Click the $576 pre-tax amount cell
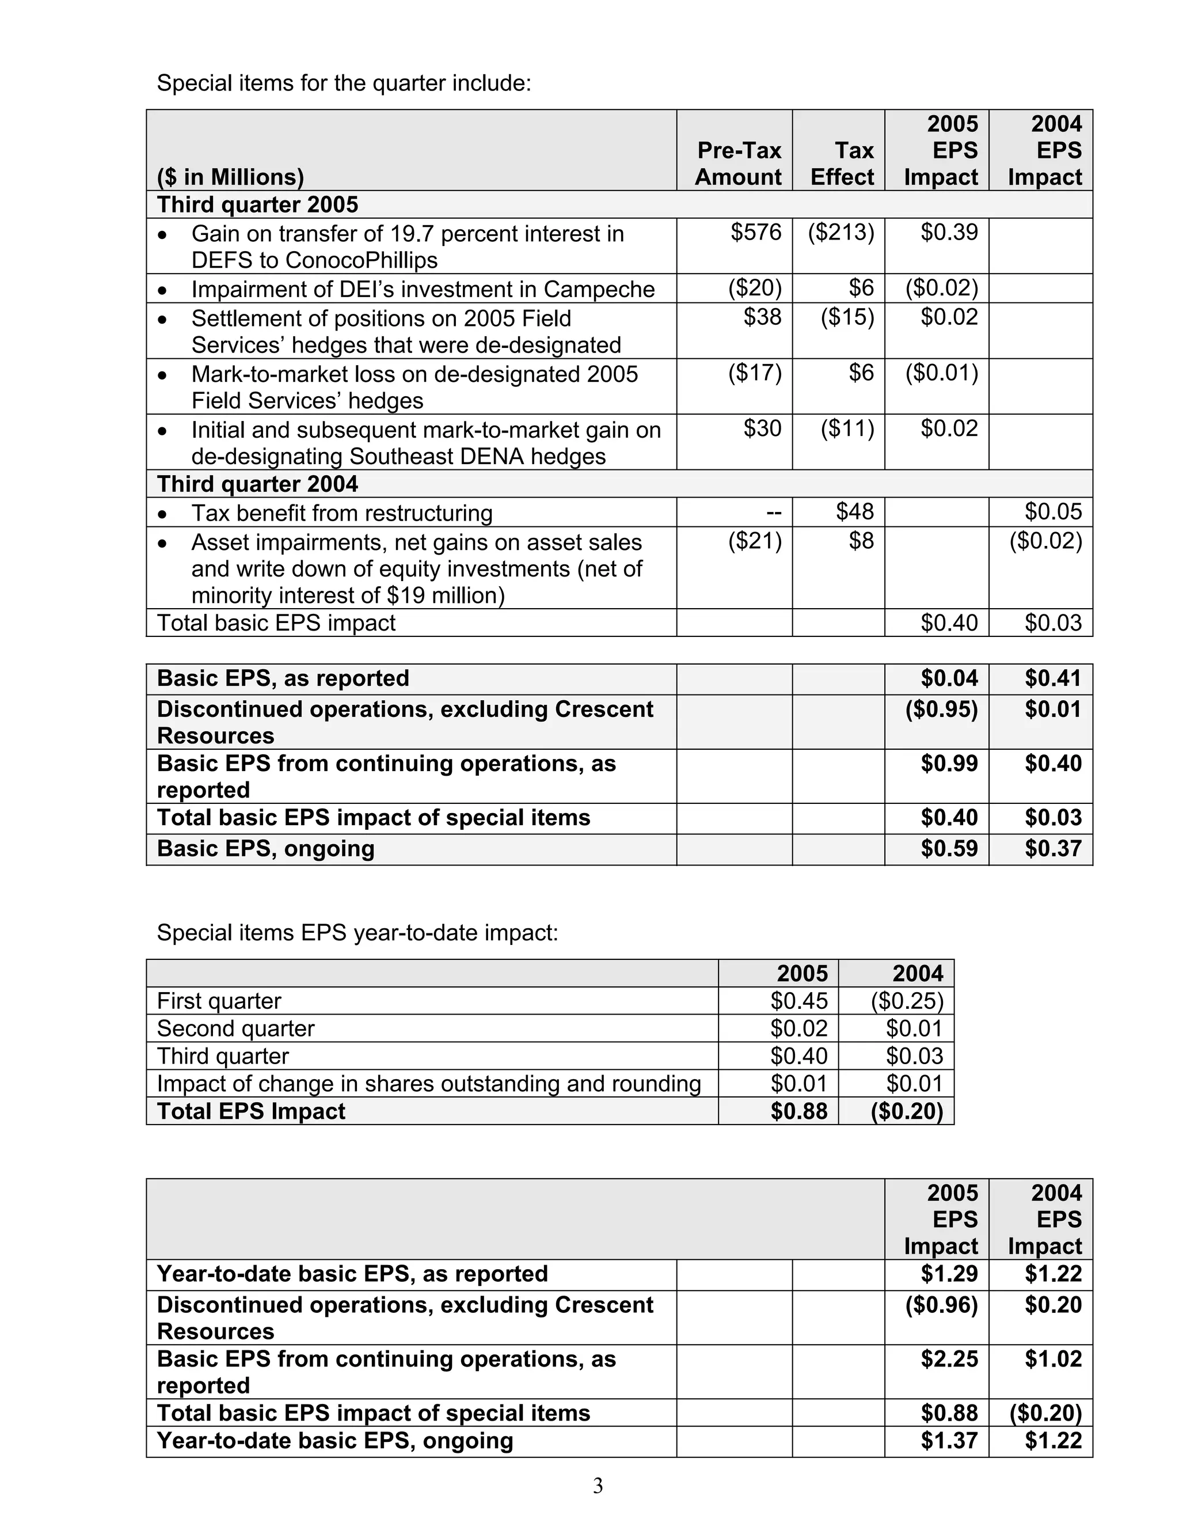tap(756, 232)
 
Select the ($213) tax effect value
tap(841, 232)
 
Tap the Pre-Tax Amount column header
tap(738, 164)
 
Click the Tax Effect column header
tap(842, 164)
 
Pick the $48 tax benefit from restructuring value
tap(855, 511)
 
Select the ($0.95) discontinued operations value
tap(941, 709)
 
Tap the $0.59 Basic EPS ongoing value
tap(949, 848)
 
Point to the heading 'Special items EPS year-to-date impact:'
tap(357, 932)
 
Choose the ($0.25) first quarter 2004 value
tap(907, 1001)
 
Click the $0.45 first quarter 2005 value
tap(798, 1001)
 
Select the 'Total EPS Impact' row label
tap(251, 1111)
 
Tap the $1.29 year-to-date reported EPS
tap(949, 1274)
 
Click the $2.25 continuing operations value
tap(949, 1359)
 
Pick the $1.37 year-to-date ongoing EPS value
tap(949, 1441)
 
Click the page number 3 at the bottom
tap(598, 1486)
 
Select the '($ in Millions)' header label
tap(230, 177)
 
